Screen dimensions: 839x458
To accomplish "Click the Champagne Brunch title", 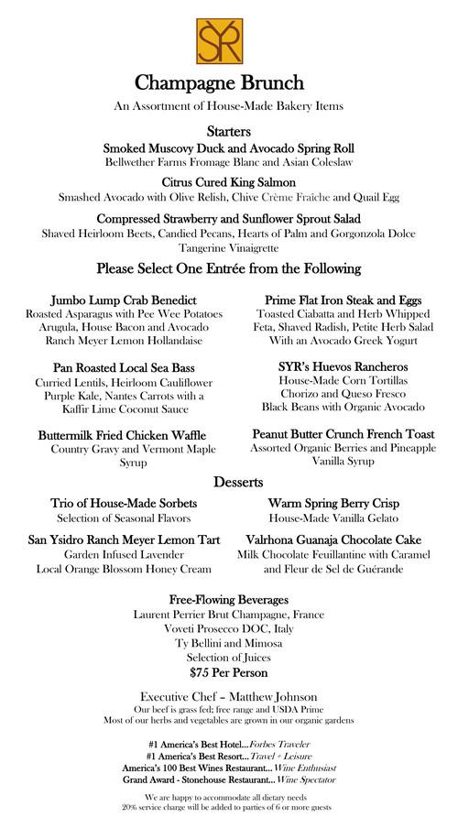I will pos(228,82).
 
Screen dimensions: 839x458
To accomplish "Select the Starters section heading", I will pos(228,132).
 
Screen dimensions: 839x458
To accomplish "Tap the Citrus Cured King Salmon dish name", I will pos(228,182).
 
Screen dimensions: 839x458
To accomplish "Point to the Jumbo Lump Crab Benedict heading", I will pos(124,300).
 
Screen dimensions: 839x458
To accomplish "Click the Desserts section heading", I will pos(228,482).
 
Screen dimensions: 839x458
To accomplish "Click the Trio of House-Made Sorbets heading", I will pos(124,504).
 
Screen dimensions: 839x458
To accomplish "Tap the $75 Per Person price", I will pos(228,672).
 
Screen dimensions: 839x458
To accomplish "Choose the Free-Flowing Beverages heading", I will pos(228,599).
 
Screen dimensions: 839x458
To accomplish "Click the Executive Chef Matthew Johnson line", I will pos(228,695).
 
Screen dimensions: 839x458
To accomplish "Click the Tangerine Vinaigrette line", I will pos(228,248).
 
